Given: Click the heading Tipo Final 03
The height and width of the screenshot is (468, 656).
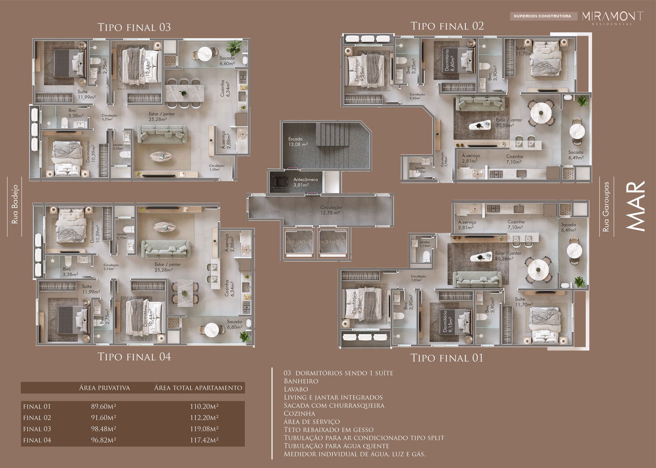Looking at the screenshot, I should [x=134, y=27].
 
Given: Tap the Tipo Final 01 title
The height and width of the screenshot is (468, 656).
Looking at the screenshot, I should [x=447, y=358].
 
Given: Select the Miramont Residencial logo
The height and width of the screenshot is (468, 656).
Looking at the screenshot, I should [x=613, y=17].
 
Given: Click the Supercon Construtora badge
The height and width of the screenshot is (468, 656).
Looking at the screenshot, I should [x=542, y=16].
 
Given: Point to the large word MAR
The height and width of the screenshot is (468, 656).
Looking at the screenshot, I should [x=636, y=206].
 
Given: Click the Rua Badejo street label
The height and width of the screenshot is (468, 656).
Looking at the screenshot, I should [x=15, y=204].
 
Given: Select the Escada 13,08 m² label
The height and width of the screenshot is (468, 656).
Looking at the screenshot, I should [x=298, y=142].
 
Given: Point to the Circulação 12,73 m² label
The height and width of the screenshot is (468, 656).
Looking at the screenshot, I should [x=331, y=210].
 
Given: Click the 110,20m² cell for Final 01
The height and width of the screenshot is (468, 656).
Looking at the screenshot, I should [x=204, y=407].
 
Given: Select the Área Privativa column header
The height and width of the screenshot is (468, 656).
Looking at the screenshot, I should [x=105, y=388].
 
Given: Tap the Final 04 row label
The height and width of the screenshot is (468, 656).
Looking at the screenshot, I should [x=37, y=440].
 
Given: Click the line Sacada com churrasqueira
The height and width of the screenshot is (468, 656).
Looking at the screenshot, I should [x=334, y=405].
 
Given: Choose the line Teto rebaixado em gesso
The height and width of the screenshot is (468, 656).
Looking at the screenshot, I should [x=328, y=429].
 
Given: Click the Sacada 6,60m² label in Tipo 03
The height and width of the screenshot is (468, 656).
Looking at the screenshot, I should [x=227, y=61].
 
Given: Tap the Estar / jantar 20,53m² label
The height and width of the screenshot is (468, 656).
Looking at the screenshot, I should [x=508, y=123].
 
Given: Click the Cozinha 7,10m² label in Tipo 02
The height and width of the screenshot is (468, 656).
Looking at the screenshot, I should [x=514, y=159].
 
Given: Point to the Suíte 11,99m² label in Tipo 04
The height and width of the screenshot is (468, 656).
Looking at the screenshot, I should [x=89, y=289].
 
